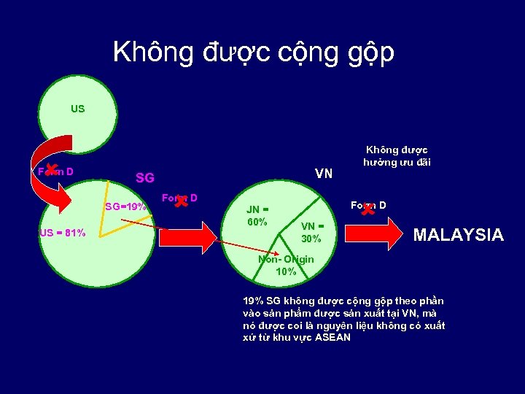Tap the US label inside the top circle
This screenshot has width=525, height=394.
click(x=77, y=109)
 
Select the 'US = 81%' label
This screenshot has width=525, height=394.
click(x=62, y=233)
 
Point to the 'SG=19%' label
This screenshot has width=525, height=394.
click(x=125, y=206)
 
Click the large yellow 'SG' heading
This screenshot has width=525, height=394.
click(x=144, y=178)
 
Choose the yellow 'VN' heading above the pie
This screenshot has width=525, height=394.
click(x=323, y=174)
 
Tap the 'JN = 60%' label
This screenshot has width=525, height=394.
click(x=258, y=215)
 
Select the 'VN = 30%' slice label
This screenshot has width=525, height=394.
click(x=311, y=232)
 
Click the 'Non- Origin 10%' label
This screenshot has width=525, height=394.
click(x=286, y=265)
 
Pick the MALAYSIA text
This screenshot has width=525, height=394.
click(x=458, y=234)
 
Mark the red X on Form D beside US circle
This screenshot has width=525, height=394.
click(x=51, y=170)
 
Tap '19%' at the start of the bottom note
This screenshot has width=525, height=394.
click(x=254, y=301)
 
